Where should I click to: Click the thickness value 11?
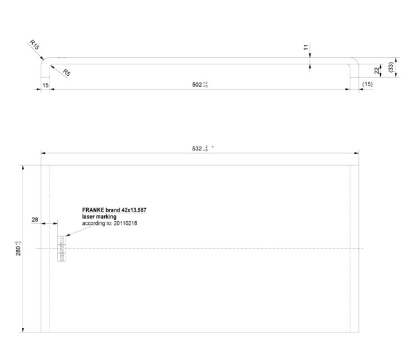[x=306, y=48]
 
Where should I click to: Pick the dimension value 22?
[x=377, y=69]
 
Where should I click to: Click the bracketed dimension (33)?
[x=392, y=67]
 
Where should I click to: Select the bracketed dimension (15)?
[x=367, y=84]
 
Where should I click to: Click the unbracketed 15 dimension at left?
[x=45, y=84]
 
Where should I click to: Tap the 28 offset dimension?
[x=35, y=220]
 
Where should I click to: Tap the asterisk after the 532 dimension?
[x=212, y=147]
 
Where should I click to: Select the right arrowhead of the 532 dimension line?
[x=356, y=153]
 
